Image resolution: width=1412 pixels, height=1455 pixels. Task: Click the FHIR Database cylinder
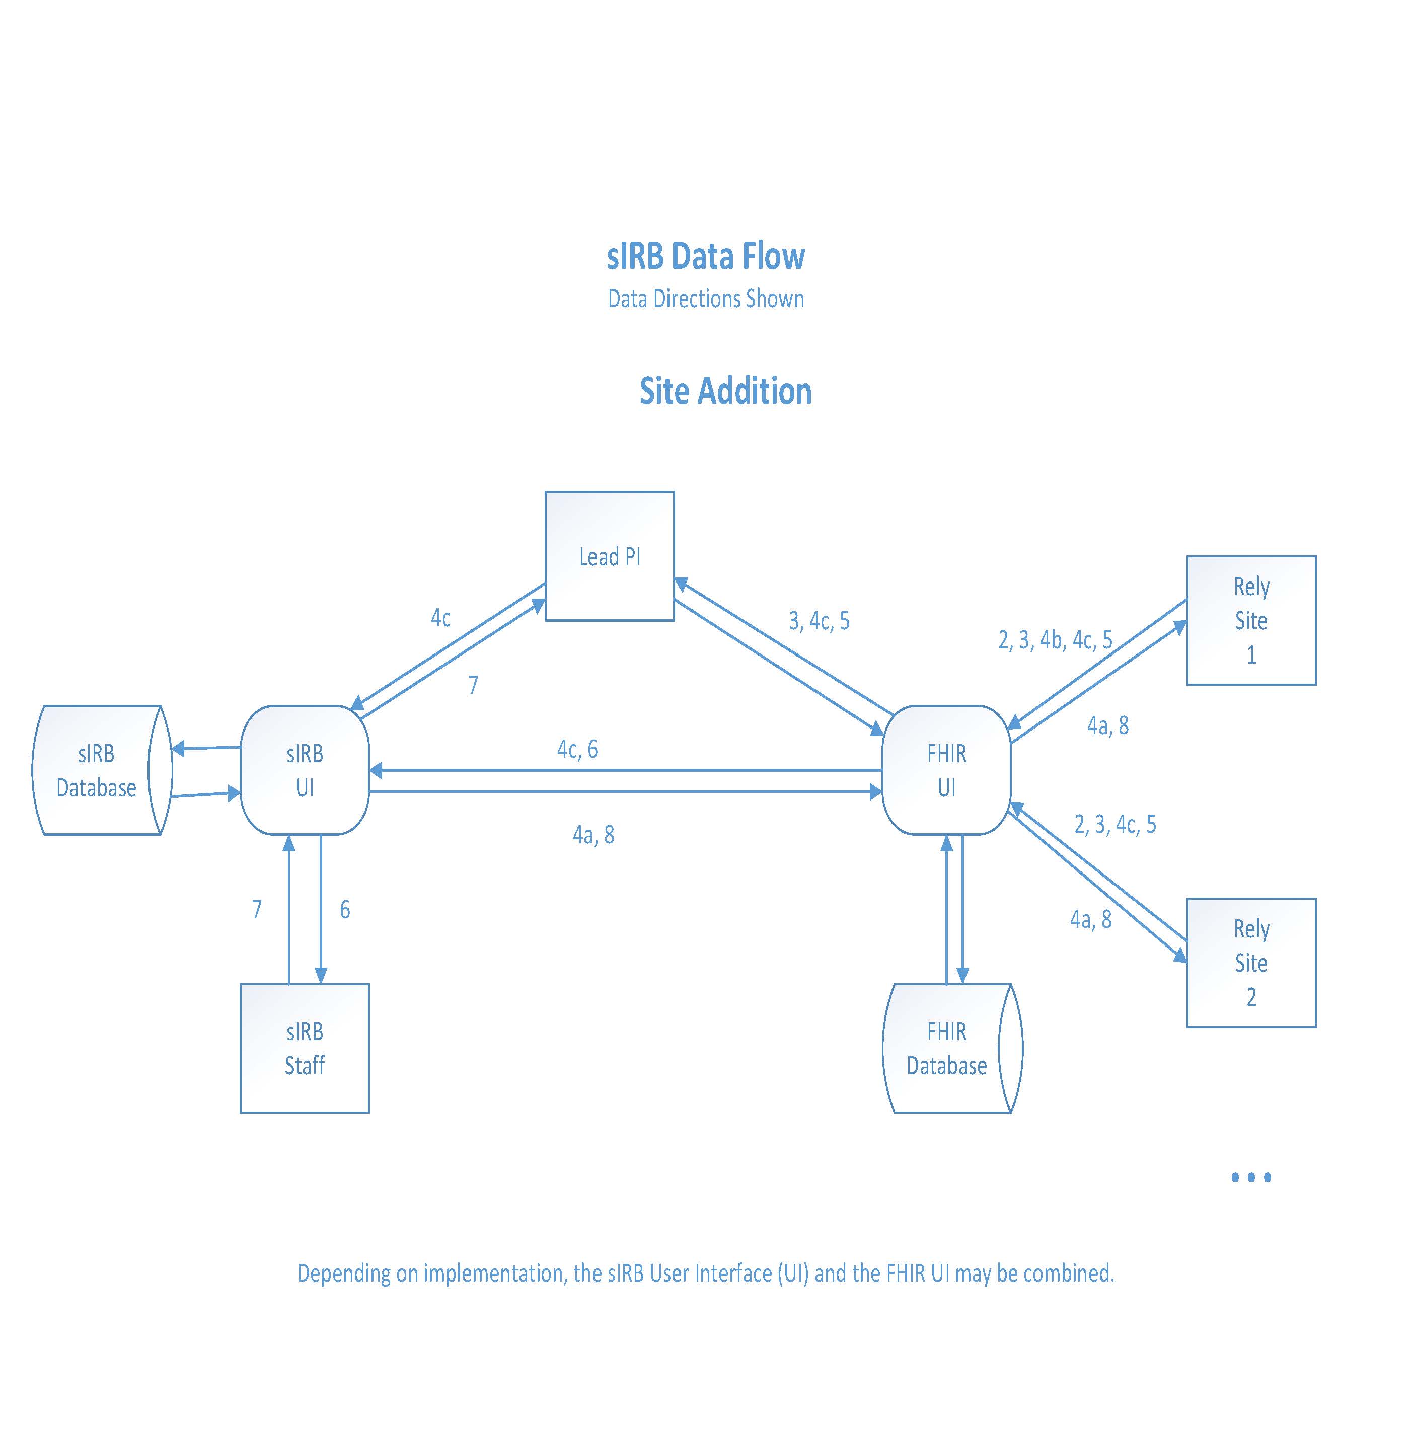[946, 1048]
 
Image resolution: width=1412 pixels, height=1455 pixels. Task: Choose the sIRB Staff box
[305, 1048]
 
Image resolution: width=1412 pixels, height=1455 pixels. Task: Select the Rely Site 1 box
[1251, 620]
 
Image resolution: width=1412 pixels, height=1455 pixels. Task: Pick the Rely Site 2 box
[1251, 963]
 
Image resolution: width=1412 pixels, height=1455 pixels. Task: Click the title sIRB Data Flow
[705, 256]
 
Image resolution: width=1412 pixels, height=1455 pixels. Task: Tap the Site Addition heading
[725, 391]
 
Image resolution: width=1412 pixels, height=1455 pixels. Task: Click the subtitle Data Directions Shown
[705, 299]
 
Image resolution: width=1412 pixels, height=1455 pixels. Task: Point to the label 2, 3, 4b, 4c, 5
[1055, 640]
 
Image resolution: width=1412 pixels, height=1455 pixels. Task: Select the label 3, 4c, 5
[819, 621]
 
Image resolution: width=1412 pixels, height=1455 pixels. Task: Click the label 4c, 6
[577, 749]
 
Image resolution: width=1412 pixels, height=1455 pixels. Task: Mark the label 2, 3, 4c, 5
[1115, 824]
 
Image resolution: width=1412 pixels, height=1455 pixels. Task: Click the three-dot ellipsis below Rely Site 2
[1251, 1177]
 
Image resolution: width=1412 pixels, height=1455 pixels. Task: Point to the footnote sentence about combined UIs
[705, 1273]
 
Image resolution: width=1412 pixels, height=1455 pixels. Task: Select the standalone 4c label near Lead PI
[440, 618]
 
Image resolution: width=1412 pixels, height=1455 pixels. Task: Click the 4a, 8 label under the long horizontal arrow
[593, 835]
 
